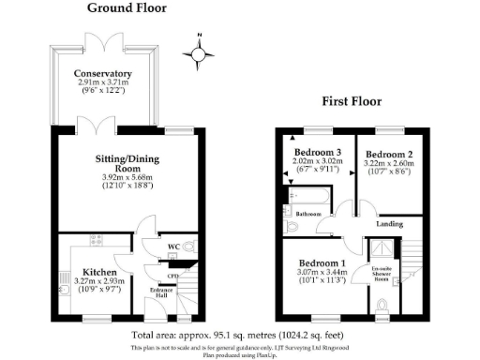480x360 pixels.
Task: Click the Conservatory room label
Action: tap(103, 74)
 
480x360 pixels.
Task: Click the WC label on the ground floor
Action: tap(172, 247)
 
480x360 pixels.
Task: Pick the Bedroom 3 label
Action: tap(319, 153)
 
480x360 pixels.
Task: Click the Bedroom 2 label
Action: tap(389, 153)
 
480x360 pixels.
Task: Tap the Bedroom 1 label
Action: tap(322, 265)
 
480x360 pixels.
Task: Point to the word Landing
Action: tap(390, 223)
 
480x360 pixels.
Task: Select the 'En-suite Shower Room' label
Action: tap(382, 277)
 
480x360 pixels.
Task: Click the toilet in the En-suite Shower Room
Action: tap(382, 305)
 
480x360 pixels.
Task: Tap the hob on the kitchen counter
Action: tap(97, 240)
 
